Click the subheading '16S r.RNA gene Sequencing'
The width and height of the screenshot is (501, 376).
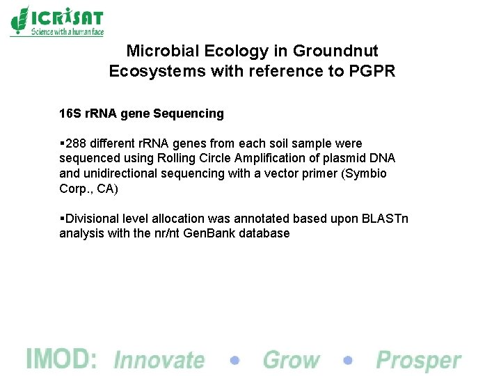pyautogui.click(x=141, y=113)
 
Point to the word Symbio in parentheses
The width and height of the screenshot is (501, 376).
pyautogui.click(x=367, y=173)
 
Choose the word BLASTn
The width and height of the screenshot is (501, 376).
pyautogui.click(x=385, y=219)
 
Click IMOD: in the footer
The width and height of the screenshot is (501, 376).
pyautogui.click(x=61, y=359)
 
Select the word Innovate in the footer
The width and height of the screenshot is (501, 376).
pyautogui.click(x=159, y=360)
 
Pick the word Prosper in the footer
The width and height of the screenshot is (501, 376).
pyautogui.click(x=418, y=360)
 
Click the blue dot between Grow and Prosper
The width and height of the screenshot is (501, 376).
pyautogui.click(x=348, y=361)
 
